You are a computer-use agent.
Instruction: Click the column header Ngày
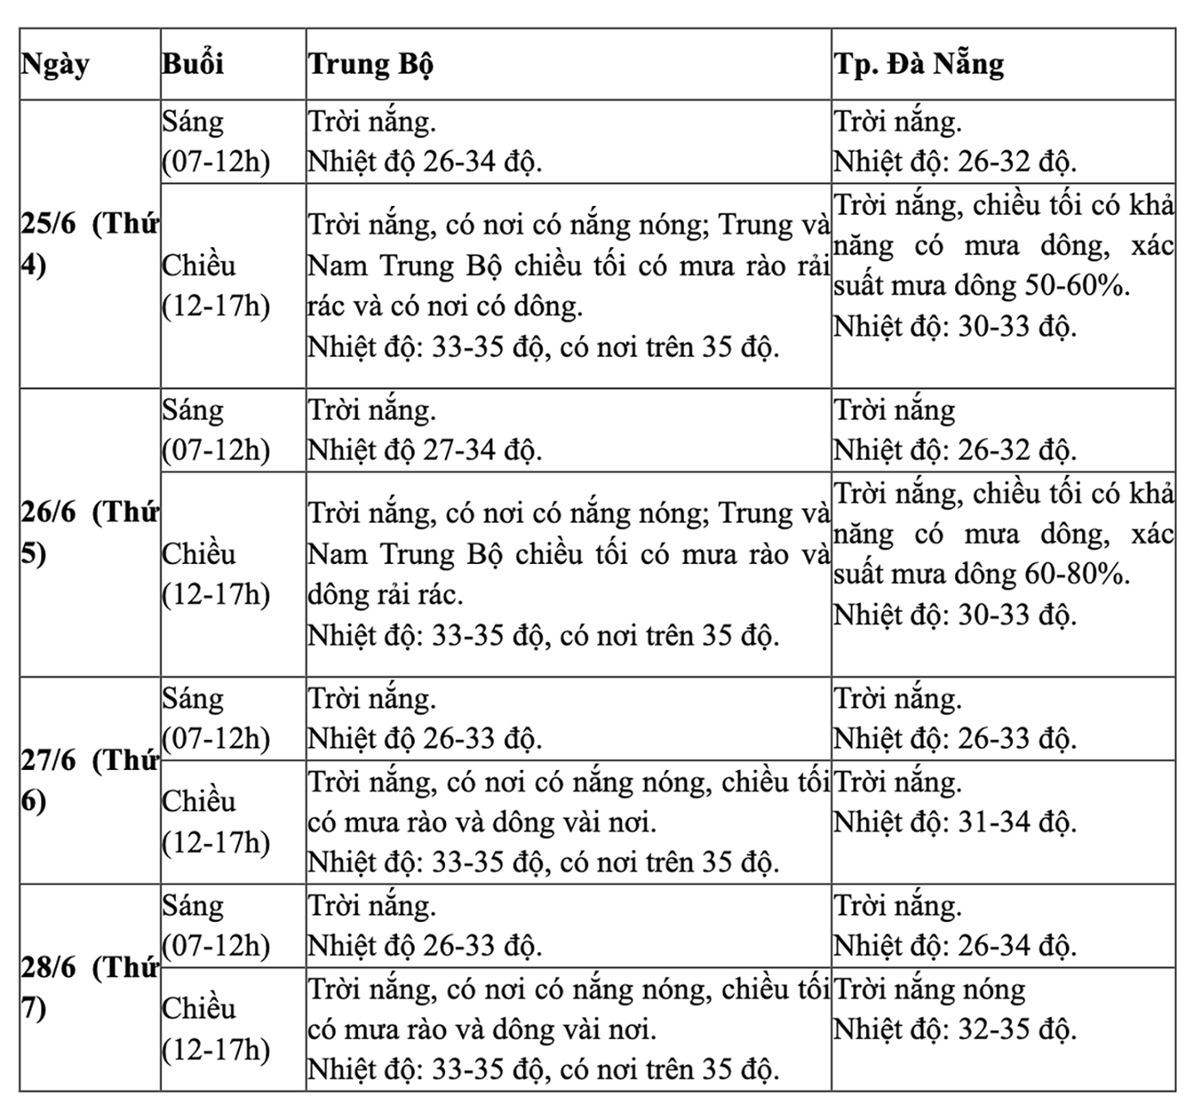tap(56, 65)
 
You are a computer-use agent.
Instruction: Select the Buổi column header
tap(192, 65)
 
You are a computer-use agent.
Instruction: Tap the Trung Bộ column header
tap(371, 65)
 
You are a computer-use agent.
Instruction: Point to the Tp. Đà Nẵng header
tap(918, 65)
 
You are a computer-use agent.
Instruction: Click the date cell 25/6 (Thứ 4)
tap(89, 245)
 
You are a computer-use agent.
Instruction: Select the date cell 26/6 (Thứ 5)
tap(89, 533)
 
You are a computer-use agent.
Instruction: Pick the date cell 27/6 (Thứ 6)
tap(89, 780)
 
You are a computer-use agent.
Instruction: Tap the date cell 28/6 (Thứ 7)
tap(89, 988)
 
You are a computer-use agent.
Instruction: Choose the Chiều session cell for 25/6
tap(216, 286)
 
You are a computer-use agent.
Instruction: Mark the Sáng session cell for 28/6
tap(216, 925)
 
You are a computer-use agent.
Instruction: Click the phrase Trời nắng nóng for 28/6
tap(930, 990)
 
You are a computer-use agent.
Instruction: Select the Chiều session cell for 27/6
tap(216, 822)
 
